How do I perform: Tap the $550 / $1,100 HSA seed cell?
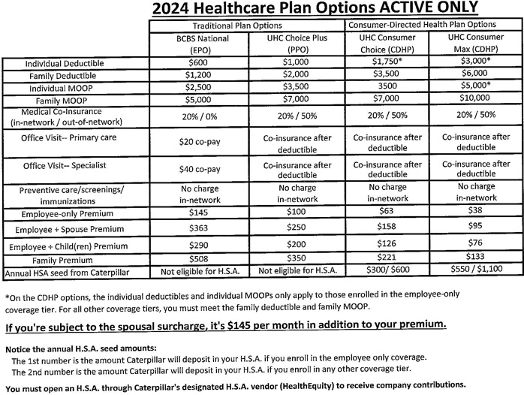(476, 271)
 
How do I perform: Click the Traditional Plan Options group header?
(247, 25)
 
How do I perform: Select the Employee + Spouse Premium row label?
(75, 229)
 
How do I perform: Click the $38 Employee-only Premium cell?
(476, 213)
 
